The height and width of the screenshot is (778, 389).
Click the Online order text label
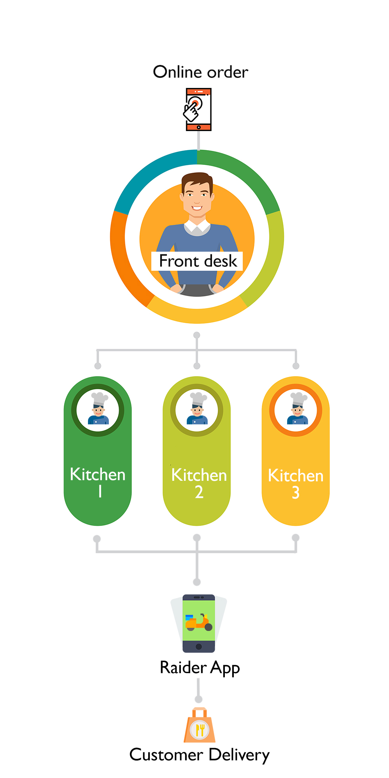pos(200,72)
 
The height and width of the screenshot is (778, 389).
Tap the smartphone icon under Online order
pos(198,109)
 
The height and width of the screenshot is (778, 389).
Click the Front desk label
pos(198,261)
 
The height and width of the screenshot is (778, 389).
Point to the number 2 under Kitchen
pos(199,492)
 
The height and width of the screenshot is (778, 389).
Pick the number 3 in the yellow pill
pos(296,493)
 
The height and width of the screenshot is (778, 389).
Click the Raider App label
pos(200,668)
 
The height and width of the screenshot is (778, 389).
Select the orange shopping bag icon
pos(200,726)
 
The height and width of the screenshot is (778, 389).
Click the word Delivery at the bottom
pos(239,755)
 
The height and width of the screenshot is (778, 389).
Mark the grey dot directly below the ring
pos(197,335)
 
